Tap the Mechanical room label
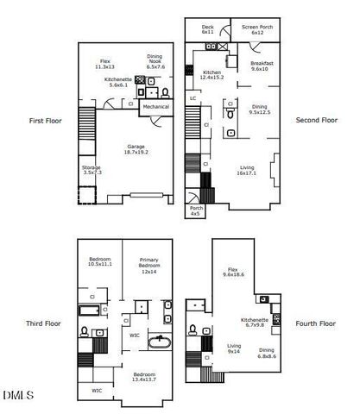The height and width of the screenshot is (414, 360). tap(156, 106)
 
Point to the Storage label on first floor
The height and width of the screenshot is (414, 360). tap(92, 170)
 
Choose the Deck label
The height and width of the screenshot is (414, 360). tap(207, 29)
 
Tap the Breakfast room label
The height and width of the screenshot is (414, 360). tap(262, 66)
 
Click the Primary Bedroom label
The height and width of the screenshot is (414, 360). tap(149, 268)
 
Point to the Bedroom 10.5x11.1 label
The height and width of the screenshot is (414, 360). tap(101, 261)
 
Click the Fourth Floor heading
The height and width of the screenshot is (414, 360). tap(315, 323)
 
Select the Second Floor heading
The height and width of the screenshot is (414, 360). tap(316, 120)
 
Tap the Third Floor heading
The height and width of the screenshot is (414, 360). tap(42, 323)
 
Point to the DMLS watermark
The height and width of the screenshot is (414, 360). tap(18, 395)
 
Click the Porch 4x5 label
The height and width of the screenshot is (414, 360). tap(197, 210)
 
